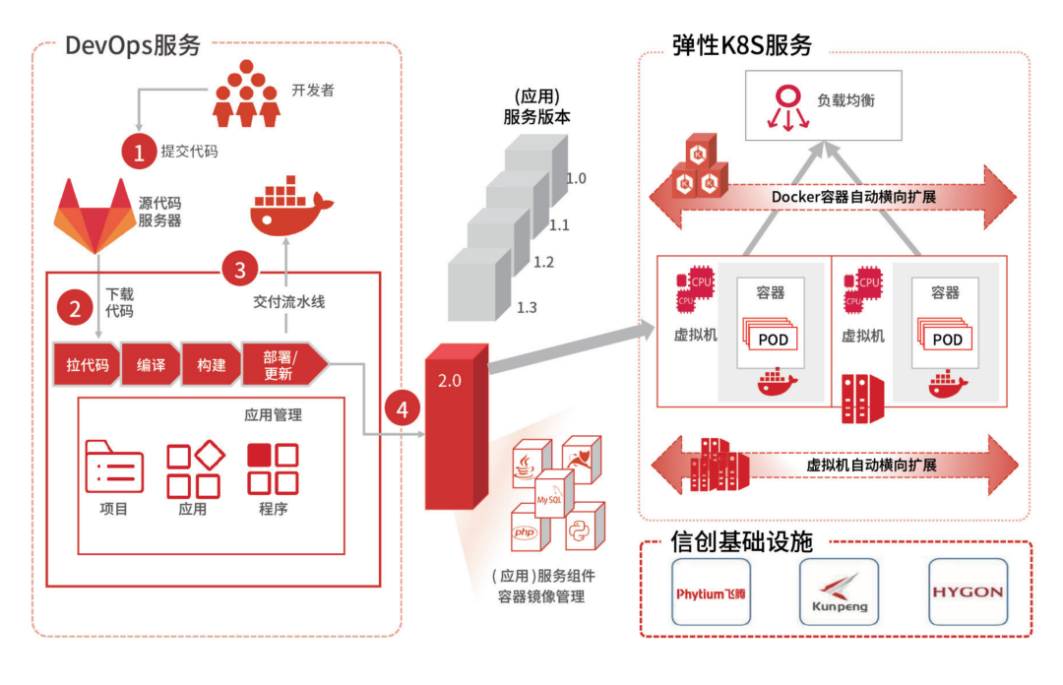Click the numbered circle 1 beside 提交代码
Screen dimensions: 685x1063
[x=139, y=151]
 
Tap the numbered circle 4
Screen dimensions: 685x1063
[x=402, y=407]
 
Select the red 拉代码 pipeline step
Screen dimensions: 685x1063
[x=88, y=364]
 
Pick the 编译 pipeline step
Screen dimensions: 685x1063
[x=152, y=364]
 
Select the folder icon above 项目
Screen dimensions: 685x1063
[x=114, y=466]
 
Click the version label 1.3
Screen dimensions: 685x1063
[x=527, y=308]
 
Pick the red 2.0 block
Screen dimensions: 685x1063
[x=456, y=428]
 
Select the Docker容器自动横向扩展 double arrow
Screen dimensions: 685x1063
[x=833, y=196]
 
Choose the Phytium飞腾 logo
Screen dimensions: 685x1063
[x=711, y=592]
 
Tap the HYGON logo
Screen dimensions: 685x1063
[x=968, y=592]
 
